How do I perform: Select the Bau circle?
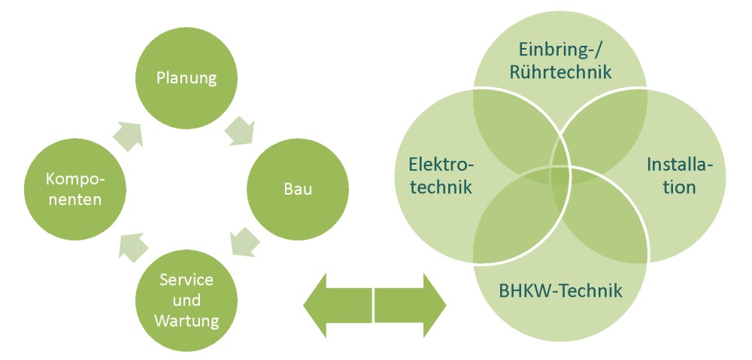[x=288, y=187]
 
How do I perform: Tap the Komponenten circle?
[x=74, y=188]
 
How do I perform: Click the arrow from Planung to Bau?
[x=238, y=129]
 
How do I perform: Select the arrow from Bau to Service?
[x=244, y=243]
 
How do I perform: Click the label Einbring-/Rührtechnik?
[x=560, y=61]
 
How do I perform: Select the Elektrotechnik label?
[x=441, y=175]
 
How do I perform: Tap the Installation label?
[x=680, y=175]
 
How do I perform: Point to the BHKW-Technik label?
[x=560, y=289]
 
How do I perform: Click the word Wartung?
[x=186, y=321]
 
